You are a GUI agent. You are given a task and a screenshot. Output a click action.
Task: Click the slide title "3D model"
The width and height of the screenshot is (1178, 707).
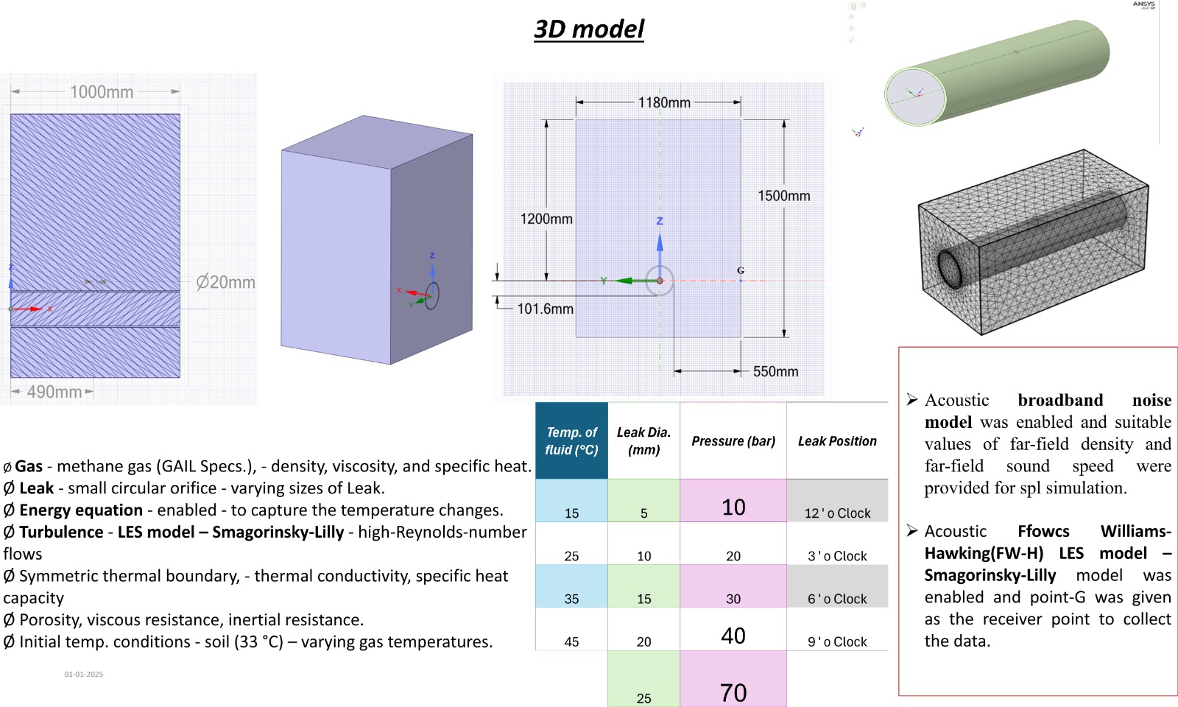[x=589, y=29]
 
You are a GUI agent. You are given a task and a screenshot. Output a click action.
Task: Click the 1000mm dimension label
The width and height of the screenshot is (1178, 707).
[x=102, y=92]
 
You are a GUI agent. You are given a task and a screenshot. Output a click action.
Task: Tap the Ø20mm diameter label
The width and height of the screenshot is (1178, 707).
[x=225, y=282]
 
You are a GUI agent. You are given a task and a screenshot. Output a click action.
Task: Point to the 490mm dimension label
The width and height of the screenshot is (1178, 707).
[x=54, y=392]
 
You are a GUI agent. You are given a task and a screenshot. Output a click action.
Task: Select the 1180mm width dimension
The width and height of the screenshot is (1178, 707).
[x=664, y=102]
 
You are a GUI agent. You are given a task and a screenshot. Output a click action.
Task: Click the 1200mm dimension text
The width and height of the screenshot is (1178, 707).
[x=546, y=219]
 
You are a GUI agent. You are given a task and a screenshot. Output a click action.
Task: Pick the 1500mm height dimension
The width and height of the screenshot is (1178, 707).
[x=784, y=196]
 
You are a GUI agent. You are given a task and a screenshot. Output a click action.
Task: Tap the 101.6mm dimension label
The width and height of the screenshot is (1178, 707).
[x=545, y=309]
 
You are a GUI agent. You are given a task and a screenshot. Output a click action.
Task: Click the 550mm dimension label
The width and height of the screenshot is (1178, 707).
[x=775, y=371]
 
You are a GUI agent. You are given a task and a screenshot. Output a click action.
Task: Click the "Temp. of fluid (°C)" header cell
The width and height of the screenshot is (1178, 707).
[x=571, y=440]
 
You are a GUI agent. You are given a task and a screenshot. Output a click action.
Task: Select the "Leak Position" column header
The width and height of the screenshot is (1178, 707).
[x=837, y=440]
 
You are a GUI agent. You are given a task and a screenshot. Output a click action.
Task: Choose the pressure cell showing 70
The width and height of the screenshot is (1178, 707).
[x=733, y=692]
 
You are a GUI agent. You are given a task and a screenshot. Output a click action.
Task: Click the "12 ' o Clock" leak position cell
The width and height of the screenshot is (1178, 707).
[x=837, y=513]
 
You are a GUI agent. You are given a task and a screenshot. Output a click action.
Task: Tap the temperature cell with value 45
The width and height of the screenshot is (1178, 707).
[x=571, y=641]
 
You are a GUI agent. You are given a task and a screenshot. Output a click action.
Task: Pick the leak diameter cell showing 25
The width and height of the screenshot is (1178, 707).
[x=643, y=697]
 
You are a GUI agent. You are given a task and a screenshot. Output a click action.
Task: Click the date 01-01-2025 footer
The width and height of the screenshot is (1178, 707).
[x=83, y=674]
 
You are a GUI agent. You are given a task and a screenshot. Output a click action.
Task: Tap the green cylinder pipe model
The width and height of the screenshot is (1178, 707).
[x=998, y=74]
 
